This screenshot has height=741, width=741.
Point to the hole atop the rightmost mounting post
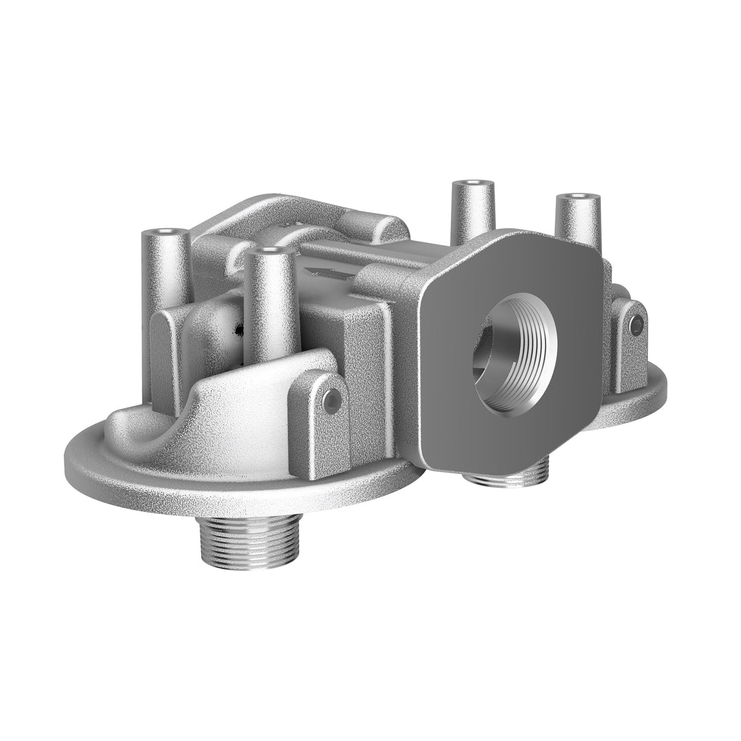578,198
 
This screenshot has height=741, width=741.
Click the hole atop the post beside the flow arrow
270,251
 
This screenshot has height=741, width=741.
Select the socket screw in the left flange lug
332,399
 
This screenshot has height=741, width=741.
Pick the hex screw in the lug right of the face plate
635,322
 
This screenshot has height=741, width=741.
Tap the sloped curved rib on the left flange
226,405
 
